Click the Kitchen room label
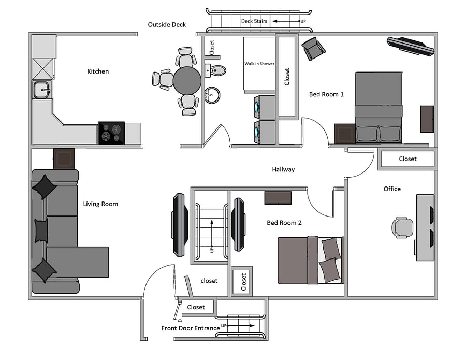[98, 71]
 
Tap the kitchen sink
[42, 90]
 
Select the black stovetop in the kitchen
[111, 133]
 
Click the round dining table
[187, 80]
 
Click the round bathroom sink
[212, 95]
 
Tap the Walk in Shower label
[259, 64]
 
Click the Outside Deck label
[167, 25]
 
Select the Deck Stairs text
[254, 21]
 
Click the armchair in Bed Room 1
[313, 49]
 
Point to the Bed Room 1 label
[326, 95]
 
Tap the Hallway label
[283, 169]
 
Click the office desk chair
[402, 227]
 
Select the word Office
[392, 189]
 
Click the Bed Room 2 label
[284, 223]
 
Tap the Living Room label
[100, 204]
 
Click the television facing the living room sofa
[180, 225]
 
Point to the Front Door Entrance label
[191, 328]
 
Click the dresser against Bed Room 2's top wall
[278, 198]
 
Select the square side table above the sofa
[64, 159]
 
